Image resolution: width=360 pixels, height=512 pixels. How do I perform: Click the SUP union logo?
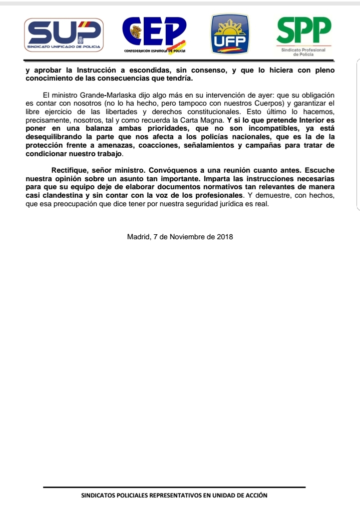(x=64, y=35)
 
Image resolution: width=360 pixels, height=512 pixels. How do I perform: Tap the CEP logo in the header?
(x=155, y=31)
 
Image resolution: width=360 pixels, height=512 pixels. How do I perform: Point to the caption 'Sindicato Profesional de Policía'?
(x=303, y=52)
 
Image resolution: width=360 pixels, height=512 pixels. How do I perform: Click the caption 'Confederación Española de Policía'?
(x=155, y=51)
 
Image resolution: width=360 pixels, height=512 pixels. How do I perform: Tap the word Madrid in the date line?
(x=138, y=236)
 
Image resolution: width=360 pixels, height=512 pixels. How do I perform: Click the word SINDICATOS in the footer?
(x=97, y=495)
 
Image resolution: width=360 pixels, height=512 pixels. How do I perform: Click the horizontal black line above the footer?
(x=174, y=487)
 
